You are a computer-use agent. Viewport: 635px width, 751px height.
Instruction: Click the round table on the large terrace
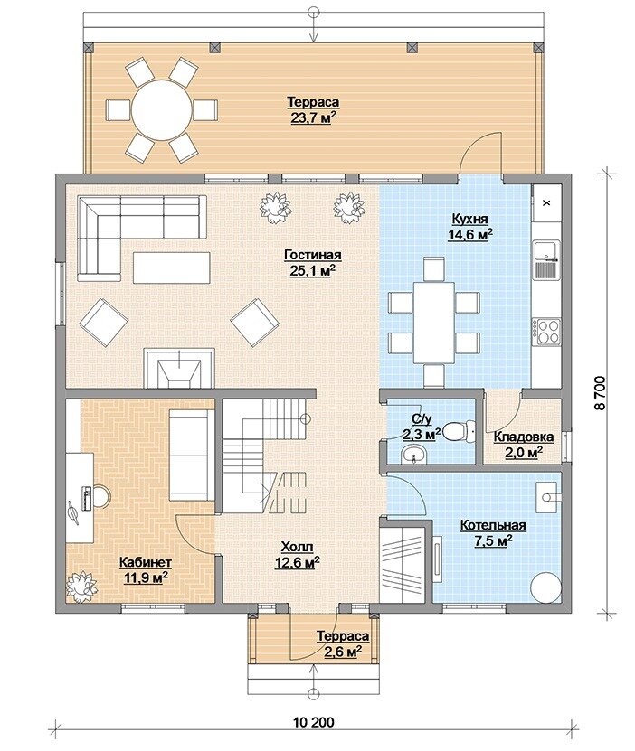[x=162, y=110]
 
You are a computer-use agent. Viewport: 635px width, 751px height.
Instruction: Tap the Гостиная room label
[x=312, y=255]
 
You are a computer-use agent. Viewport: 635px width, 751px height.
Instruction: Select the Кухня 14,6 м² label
[x=470, y=227]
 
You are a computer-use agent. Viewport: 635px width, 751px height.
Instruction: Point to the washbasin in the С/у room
[x=412, y=453]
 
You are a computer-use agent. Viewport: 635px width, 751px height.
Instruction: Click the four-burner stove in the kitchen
[x=548, y=331]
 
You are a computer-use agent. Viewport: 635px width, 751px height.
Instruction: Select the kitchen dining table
[x=433, y=323]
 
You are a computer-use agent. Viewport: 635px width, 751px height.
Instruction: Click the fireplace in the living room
[x=179, y=367]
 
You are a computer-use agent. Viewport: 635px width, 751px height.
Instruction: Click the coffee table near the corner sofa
[x=172, y=268]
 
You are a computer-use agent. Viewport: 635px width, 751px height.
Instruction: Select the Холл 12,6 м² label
[x=297, y=555]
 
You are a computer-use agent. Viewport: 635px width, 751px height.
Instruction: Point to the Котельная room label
[x=493, y=525]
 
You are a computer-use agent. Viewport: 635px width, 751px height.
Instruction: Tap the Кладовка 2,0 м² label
[x=524, y=445]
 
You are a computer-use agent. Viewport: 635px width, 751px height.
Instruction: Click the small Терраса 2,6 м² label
[x=343, y=643]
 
